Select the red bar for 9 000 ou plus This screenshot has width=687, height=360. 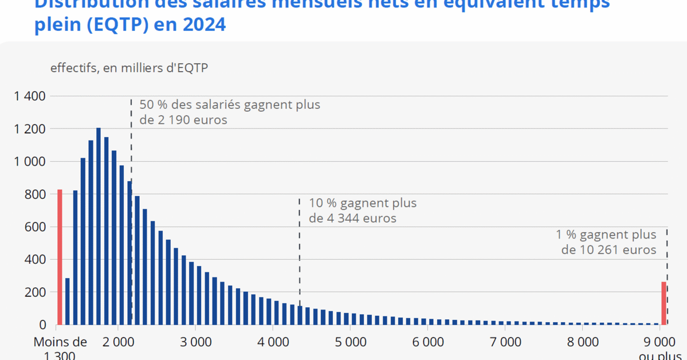tap(664, 303)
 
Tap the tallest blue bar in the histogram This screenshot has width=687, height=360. tap(99, 226)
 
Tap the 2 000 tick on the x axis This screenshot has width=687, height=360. tap(117, 342)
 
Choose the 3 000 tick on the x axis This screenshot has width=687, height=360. tap(195, 342)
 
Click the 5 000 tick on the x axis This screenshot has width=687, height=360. tap(350, 342)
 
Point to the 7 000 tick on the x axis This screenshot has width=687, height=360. tap(505, 342)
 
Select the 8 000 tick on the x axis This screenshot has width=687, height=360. tap(582, 342)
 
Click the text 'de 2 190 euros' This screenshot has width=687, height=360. tap(183, 120)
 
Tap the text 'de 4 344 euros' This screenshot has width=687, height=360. tap(352, 218)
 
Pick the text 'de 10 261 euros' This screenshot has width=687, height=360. tap(609, 250)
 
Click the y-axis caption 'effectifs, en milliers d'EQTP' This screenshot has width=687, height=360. tap(129, 68)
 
